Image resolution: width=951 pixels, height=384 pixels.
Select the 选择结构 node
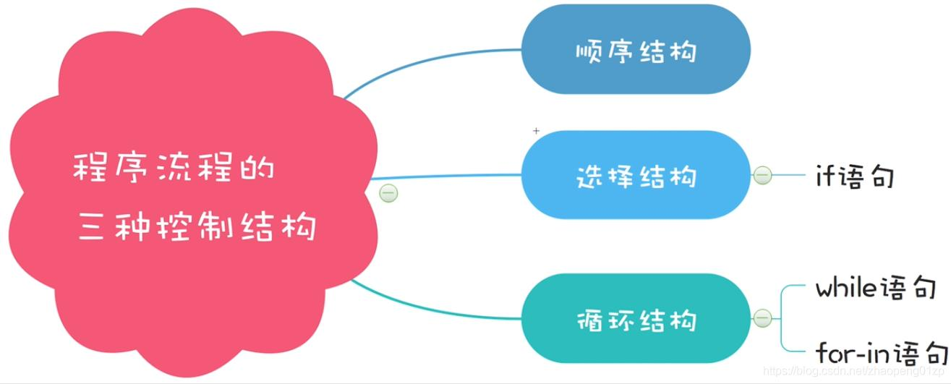click(x=636, y=175)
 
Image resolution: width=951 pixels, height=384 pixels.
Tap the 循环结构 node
click(x=636, y=318)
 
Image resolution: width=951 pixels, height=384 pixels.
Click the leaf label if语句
click(x=854, y=176)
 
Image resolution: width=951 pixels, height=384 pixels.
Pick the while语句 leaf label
click(x=875, y=289)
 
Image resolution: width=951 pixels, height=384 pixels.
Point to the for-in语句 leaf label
click(x=882, y=354)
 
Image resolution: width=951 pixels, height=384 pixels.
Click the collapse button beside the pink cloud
click(x=389, y=193)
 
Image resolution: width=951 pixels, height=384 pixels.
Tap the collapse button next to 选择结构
click(x=762, y=175)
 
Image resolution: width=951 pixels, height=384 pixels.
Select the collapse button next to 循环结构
click(x=762, y=317)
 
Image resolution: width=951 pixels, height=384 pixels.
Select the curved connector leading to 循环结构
click(x=434, y=310)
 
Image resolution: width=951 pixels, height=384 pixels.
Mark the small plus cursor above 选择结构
click(x=536, y=131)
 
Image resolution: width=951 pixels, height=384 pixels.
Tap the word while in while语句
click(x=847, y=289)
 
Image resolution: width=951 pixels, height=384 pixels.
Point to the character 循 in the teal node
click(x=589, y=320)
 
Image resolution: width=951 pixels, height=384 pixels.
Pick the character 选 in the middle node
click(x=589, y=176)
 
